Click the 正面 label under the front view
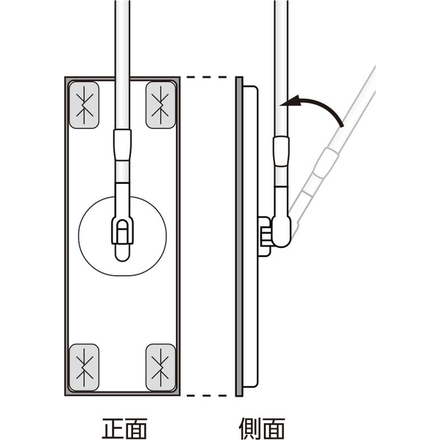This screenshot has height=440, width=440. tap(124, 428)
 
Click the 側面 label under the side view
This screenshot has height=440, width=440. tap(262, 428)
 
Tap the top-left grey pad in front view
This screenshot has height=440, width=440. tap(84, 105)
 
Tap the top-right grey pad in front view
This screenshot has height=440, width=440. tap(160, 105)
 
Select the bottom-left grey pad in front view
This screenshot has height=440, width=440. tap(84, 368)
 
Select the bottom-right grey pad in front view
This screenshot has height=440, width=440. tap(160, 368)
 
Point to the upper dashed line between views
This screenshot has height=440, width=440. tap(207, 77)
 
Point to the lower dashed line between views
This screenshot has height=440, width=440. tap(207, 395)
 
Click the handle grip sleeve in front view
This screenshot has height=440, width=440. tap(122, 145)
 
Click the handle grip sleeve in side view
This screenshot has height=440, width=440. tap(281, 152)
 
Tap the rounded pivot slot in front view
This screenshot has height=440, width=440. tap(122, 241)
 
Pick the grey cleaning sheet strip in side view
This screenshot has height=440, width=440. tap(239, 236)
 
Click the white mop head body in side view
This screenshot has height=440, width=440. tap(250, 236)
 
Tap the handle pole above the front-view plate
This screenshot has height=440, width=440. tap(122, 38)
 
